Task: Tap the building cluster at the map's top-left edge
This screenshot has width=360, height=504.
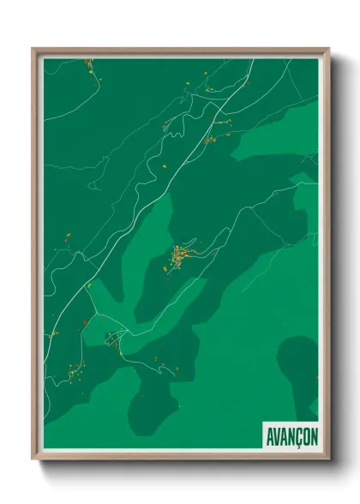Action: (87, 63)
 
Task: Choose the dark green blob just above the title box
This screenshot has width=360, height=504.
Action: (296, 369)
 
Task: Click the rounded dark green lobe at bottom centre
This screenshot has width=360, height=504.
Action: (154, 411)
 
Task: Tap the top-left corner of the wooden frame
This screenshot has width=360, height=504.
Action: (34, 50)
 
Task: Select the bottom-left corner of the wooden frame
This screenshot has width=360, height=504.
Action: (34, 460)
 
